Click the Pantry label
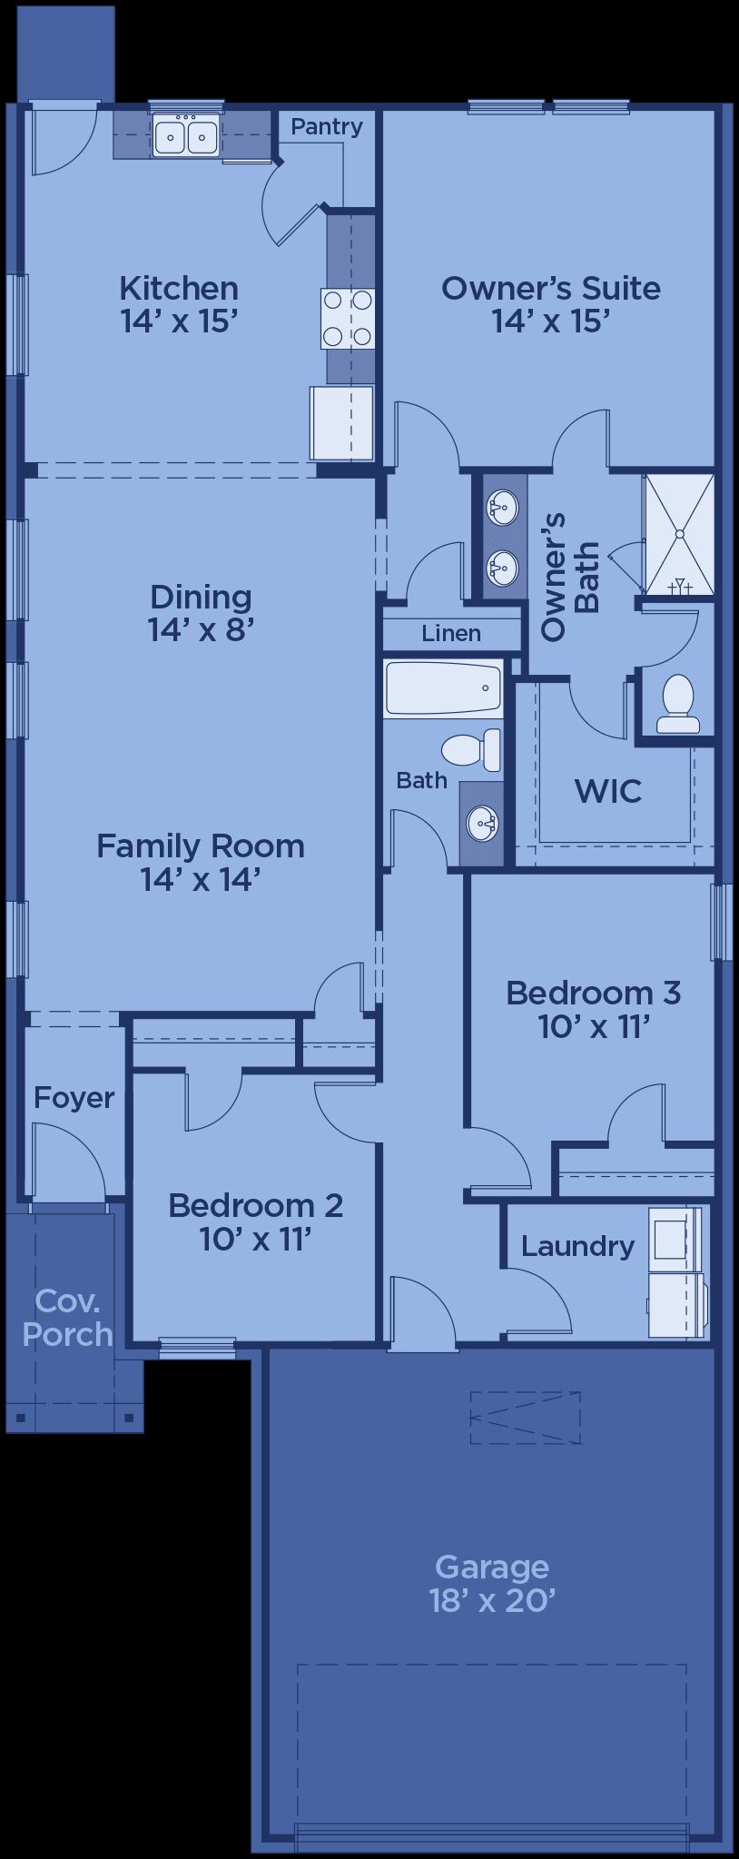tap(327, 128)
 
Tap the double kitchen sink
tap(187, 136)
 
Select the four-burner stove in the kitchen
tap(348, 318)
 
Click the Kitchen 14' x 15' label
tap(180, 304)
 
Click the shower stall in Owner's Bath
tap(678, 534)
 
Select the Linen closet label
tap(451, 633)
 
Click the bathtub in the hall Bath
tap(443, 687)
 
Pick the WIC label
tap(608, 791)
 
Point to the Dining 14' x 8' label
tap(201, 613)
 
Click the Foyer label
tap(74, 1098)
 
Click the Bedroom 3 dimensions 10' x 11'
tap(595, 1027)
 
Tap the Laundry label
tap(577, 1246)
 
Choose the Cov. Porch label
tap(67, 1318)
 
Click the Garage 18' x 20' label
tap(492, 1583)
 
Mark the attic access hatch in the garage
tap(525, 1418)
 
